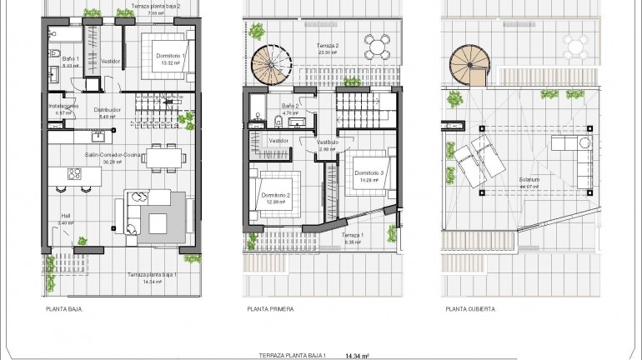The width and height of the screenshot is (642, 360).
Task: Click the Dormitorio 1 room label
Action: [172, 55]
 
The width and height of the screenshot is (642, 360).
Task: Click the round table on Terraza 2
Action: [378, 43]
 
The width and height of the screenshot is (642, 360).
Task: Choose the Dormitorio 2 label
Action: [276, 195]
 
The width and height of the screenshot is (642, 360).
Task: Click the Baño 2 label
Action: [290, 106]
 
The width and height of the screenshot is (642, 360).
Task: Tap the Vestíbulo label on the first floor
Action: [327, 142]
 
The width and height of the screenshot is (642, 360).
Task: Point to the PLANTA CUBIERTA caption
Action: [470, 308]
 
